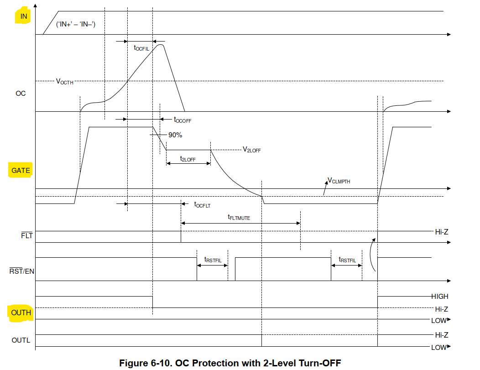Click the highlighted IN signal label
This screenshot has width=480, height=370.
pos(24,16)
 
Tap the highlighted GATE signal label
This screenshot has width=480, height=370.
pos(21,171)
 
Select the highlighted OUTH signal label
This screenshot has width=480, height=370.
pos(21,313)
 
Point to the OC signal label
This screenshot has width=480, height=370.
pos(21,94)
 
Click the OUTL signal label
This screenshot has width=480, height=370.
pos(21,340)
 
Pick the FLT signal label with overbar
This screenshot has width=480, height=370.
pos(27,235)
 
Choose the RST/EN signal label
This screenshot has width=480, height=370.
pos(22,271)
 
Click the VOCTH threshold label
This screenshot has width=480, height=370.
pos(65,82)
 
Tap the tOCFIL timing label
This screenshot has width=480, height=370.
pos(141,48)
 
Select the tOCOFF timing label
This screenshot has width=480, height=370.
pos(183,120)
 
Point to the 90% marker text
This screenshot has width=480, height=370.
pos(175,135)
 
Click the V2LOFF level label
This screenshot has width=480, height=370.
pos(251,150)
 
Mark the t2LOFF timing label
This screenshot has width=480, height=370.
pos(188,159)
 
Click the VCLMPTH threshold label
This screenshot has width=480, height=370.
pos(339,181)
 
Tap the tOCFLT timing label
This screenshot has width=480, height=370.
pos(202,205)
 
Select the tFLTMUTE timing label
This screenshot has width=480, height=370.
pos(239,217)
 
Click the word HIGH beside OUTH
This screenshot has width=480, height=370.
pos(439,296)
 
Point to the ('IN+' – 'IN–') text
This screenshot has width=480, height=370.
pos(76,24)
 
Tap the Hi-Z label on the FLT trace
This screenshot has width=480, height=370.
pos(441,232)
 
